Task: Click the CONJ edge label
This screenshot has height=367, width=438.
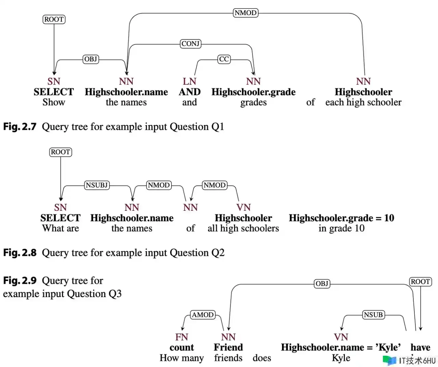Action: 190,44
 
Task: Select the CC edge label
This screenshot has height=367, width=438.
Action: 224,59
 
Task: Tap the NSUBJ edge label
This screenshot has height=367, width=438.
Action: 97,185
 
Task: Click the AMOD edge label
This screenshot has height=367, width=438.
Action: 203,315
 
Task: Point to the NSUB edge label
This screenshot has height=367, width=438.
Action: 373,315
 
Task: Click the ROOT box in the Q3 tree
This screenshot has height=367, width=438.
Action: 421,281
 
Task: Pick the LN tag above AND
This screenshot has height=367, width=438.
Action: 190,81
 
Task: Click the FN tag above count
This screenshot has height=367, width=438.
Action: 182,337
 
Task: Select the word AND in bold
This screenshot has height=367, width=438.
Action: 190,92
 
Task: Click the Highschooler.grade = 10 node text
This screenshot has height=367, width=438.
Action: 342,218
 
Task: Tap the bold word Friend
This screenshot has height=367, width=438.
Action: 228,347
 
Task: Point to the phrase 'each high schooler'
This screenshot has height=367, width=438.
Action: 363,102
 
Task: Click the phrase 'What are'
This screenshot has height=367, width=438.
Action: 61,228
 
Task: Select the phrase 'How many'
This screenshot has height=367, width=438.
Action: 182,358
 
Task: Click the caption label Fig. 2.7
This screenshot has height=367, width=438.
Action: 20,127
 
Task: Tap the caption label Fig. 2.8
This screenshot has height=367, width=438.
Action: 20,253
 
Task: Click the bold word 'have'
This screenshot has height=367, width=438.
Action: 421,347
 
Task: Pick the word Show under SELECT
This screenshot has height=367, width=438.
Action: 54,102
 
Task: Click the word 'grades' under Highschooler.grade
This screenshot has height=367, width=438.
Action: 254,102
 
